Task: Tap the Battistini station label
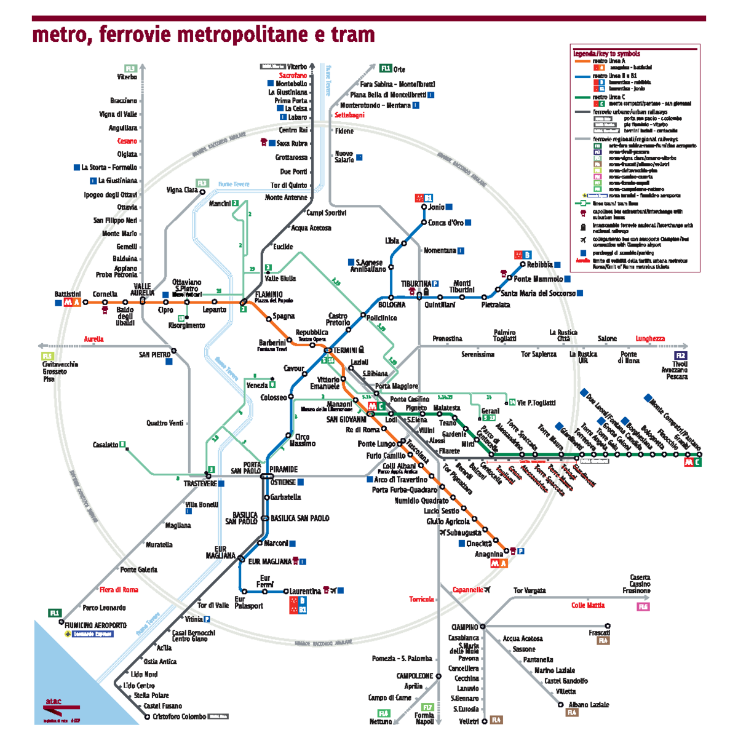[68, 295]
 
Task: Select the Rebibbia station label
[540, 265]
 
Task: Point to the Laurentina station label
[305, 592]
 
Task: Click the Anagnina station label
[489, 555]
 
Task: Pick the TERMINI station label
[345, 350]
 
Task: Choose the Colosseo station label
[273, 398]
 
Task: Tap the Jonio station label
[437, 207]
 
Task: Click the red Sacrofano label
[293, 76]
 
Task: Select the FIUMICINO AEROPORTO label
[95, 625]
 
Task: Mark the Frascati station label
[599, 633]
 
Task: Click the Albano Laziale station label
[589, 705]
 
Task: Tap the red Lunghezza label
[650, 339]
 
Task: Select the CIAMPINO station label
[464, 627]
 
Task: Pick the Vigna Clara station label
[182, 191]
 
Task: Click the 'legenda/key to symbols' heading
[606, 54]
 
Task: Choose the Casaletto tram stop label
[105, 445]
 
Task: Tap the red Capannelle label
[467, 590]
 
